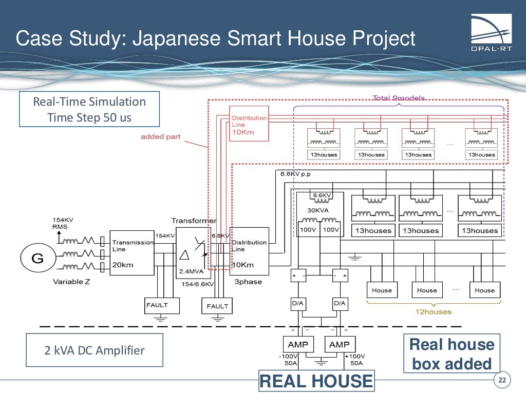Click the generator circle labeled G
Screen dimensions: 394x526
pyautogui.click(x=37, y=259)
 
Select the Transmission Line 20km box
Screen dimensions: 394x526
pyautogui.click(x=132, y=253)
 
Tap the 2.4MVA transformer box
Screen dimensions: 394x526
pyautogui.click(x=193, y=252)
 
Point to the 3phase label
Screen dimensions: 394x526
pyautogui.click(x=248, y=282)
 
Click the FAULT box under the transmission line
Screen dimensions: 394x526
pyautogui.click(x=157, y=305)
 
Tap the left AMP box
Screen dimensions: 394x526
pyautogui.click(x=298, y=344)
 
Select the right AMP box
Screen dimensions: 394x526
pyautogui.click(x=340, y=344)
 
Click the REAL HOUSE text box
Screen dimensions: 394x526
pyautogui.click(x=316, y=381)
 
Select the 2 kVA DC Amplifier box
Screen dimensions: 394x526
pyautogui.click(x=94, y=350)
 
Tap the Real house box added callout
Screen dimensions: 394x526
pyautogui.click(x=452, y=354)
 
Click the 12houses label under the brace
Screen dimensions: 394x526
pyautogui.click(x=433, y=311)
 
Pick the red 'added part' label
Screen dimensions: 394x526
pyautogui.click(x=160, y=137)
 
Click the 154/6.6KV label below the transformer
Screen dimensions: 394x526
pyautogui.click(x=197, y=283)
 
